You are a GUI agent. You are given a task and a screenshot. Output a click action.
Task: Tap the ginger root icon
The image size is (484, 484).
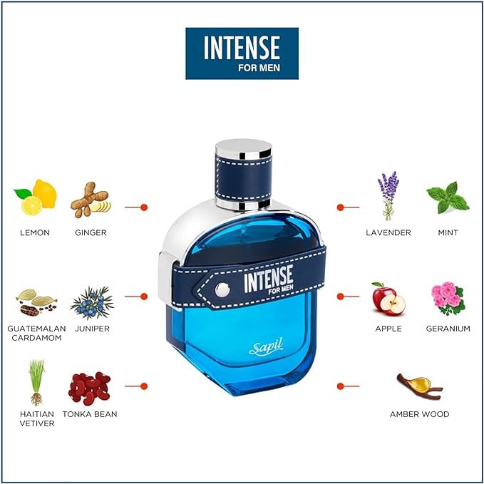[91, 200]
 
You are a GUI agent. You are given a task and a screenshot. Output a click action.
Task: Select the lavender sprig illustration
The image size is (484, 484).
[388, 196]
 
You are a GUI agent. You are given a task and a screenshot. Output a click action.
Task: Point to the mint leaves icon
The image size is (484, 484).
[448, 197]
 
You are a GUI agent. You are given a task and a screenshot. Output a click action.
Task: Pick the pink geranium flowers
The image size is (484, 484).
[448, 298]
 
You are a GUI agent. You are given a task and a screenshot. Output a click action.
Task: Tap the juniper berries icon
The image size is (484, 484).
[92, 303]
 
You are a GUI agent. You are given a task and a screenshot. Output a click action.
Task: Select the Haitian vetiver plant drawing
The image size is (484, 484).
[37, 383]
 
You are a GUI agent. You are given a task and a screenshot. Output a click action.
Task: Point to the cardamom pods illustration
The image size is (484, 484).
[36, 302]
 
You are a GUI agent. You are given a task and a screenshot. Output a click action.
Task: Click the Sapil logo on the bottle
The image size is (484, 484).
[266, 347]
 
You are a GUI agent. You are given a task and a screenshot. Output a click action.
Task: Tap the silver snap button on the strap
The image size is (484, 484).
[222, 290]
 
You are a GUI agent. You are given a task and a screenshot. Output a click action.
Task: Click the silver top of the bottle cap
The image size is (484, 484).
[244, 148]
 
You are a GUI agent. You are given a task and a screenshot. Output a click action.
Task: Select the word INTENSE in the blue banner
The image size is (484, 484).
[242, 47]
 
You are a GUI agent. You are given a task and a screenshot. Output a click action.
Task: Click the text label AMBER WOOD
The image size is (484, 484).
[419, 414]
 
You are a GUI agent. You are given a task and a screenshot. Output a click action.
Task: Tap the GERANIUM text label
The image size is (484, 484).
[448, 329]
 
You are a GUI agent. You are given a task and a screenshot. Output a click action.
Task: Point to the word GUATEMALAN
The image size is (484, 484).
[37, 329]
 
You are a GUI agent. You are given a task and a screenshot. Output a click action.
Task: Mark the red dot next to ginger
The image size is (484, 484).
[144, 207]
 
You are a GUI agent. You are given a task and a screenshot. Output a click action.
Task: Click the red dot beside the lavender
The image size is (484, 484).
[341, 207]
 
